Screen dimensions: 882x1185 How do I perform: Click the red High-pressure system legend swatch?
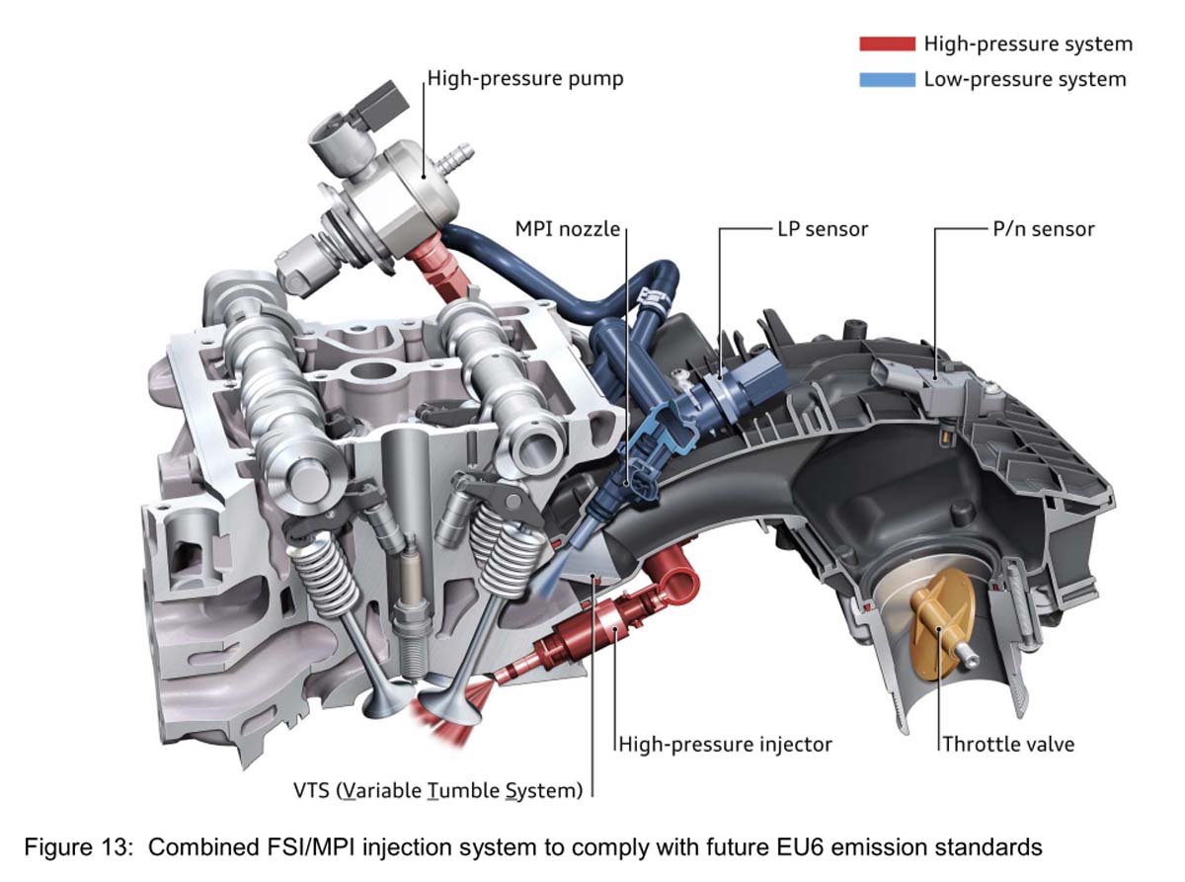pos(887,44)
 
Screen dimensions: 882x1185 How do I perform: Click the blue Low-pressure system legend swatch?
pos(887,79)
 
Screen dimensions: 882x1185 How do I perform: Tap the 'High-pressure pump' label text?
pos(526,78)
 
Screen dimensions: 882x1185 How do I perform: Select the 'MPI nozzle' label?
pos(567,229)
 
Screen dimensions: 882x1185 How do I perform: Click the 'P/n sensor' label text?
pos(1043,229)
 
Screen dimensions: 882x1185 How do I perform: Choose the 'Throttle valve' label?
pos(1007,744)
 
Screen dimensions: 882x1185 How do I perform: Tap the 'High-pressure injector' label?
pos(726,744)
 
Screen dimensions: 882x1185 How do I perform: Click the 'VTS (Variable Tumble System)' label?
pos(452,789)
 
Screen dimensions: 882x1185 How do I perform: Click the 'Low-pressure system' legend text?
pos(1025,79)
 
